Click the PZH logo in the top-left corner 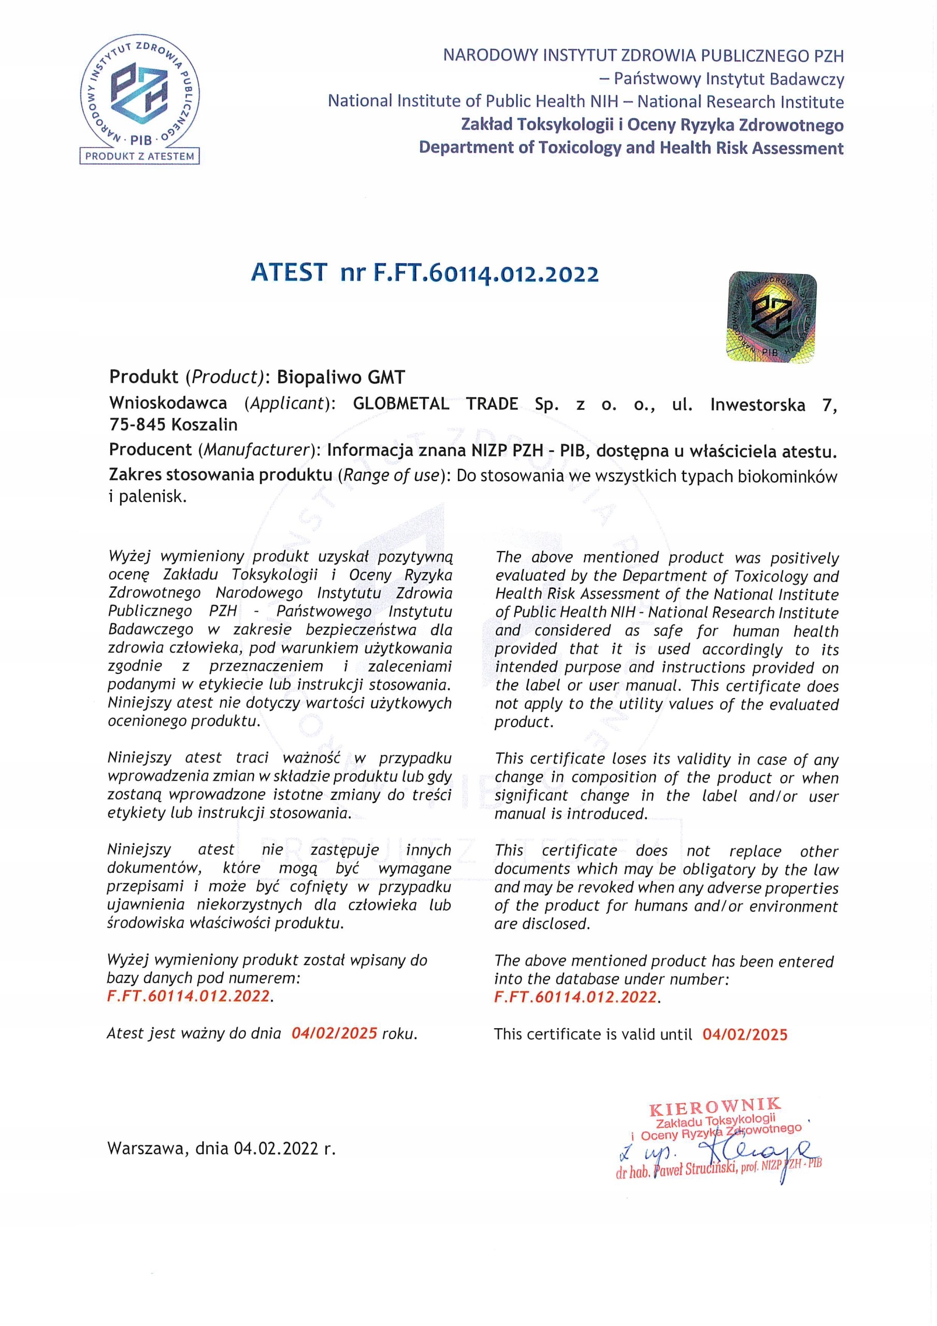[140, 92]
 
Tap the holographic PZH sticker [771, 317]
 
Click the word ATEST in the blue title [289, 272]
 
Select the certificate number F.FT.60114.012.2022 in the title [486, 273]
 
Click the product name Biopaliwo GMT [341, 377]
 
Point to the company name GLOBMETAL [401, 403]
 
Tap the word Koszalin [205, 425]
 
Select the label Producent [150, 449]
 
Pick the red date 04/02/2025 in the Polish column [334, 1033]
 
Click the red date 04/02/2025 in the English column [745, 1034]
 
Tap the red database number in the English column [575, 997]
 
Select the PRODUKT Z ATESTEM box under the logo [139, 156]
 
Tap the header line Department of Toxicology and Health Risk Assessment [631, 148]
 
